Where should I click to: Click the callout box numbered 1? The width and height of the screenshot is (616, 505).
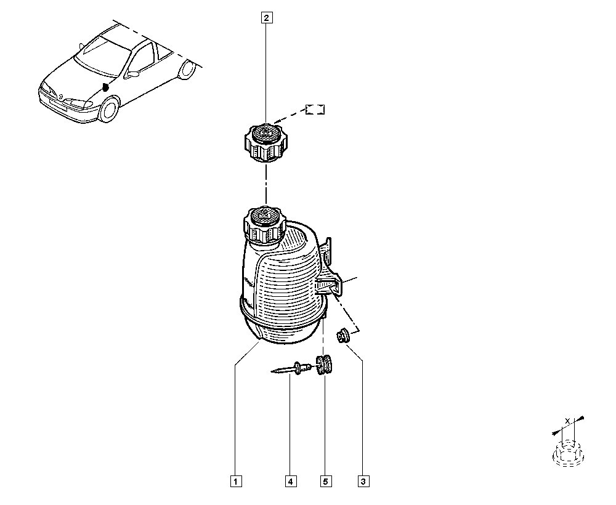(x=236, y=481)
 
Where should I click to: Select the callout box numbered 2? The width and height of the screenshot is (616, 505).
(x=266, y=18)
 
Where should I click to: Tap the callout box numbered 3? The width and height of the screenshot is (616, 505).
(x=363, y=481)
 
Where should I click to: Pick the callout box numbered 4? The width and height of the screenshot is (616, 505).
(x=291, y=481)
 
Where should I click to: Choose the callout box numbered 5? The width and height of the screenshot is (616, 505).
(x=325, y=481)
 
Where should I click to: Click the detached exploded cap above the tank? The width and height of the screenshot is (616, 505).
(x=266, y=143)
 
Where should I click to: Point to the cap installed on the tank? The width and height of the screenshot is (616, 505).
(x=264, y=226)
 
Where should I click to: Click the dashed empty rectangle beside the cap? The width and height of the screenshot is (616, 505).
(x=315, y=110)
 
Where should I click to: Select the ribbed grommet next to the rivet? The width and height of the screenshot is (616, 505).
(x=324, y=365)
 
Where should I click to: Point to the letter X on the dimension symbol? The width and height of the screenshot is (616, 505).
(x=567, y=421)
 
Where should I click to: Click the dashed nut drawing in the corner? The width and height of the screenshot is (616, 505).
(x=569, y=454)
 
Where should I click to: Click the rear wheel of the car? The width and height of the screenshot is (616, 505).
(x=187, y=69)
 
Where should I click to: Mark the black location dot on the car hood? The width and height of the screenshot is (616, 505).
(x=105, y=87)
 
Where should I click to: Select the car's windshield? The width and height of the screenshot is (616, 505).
(x=103, y=55)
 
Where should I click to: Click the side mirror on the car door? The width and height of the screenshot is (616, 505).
(x=133, y=73)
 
